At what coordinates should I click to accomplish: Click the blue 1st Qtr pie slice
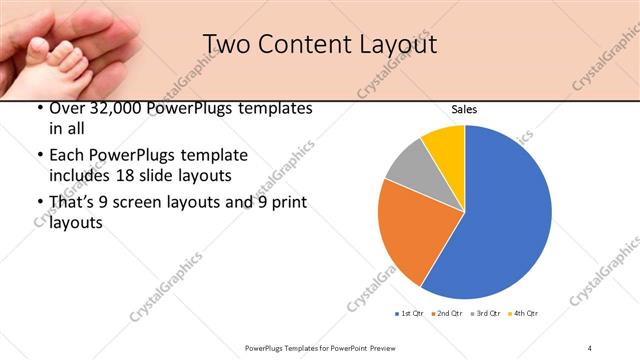pos(505,215)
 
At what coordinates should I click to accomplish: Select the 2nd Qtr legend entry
pos(447,315)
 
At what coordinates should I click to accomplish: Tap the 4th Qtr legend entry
pos(523,315)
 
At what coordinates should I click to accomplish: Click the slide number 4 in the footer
pos(590,347)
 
